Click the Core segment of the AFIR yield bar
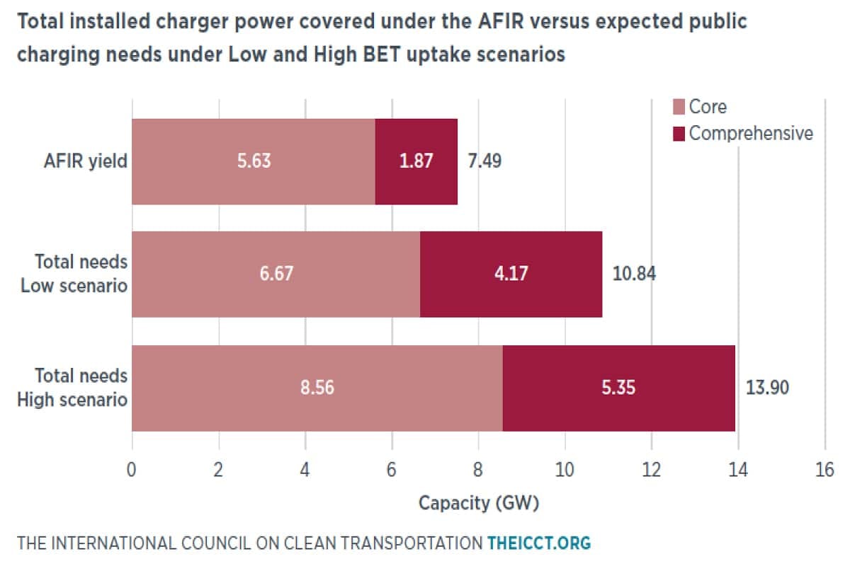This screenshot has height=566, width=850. [x=212, y=161]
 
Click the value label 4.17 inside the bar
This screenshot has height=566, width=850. [x=511, y=274]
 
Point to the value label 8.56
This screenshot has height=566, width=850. [x=317, y=388]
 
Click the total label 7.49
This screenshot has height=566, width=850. [x=484, y=161]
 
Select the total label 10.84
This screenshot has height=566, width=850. [x=634, y=274]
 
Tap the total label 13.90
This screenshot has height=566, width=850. [x=766, y=388]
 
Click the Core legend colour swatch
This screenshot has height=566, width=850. [x=678, y=107]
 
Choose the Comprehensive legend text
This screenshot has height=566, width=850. [x=751, y=133]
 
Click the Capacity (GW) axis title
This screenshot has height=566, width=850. [x=479, y=504]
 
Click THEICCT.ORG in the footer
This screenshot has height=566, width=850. [x=538, y=543]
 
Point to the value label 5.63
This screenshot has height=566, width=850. [x=254, y=161]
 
